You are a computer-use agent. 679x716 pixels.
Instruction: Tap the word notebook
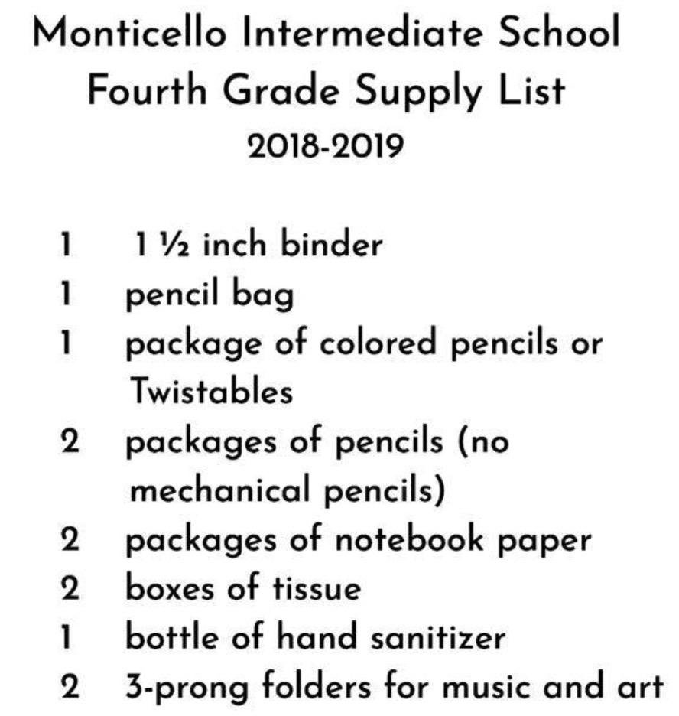tap(409, 539)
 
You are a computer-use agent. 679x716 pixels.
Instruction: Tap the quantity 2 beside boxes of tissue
tap(70, 589)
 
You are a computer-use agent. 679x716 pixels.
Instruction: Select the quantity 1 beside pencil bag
tap(67, 295)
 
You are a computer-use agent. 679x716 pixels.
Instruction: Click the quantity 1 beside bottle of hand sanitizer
tap(67, 638)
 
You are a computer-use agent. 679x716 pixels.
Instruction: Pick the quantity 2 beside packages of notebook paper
tap(70, 540)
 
